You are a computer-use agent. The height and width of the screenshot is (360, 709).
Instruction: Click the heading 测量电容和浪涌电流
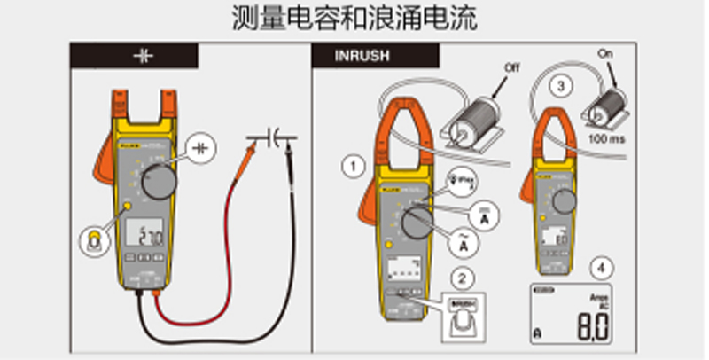[354, 19]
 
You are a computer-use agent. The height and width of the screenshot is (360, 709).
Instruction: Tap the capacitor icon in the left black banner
[144, 55]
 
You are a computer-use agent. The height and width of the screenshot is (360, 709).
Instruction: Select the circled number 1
[355, 165]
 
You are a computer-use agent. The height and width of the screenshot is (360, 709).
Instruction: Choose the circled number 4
[603, 266]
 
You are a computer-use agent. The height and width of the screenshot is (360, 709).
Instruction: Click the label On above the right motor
[606, 54]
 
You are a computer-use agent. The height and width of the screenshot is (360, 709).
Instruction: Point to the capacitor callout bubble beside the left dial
[205, 145]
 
